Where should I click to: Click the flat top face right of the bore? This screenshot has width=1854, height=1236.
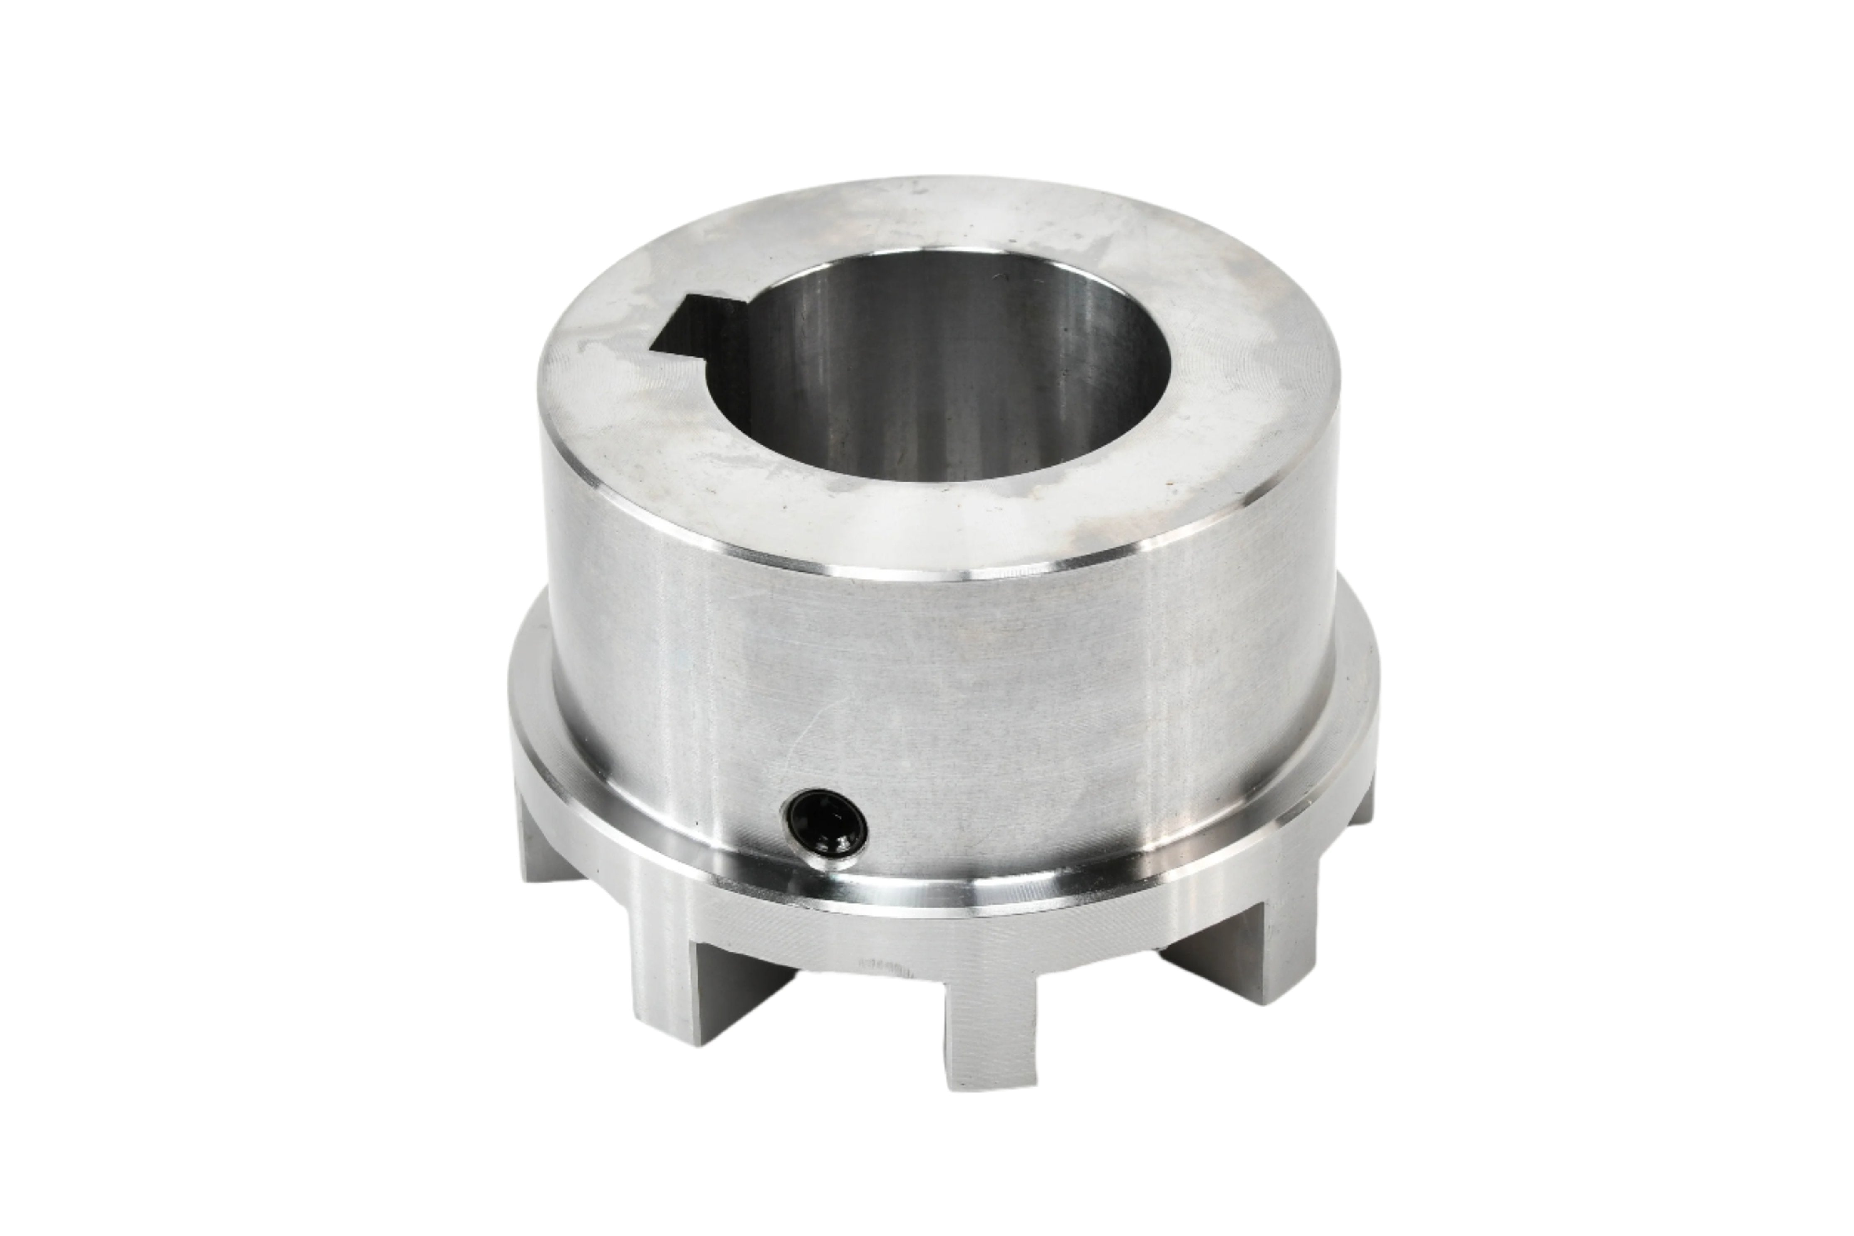click(1245, 394)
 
